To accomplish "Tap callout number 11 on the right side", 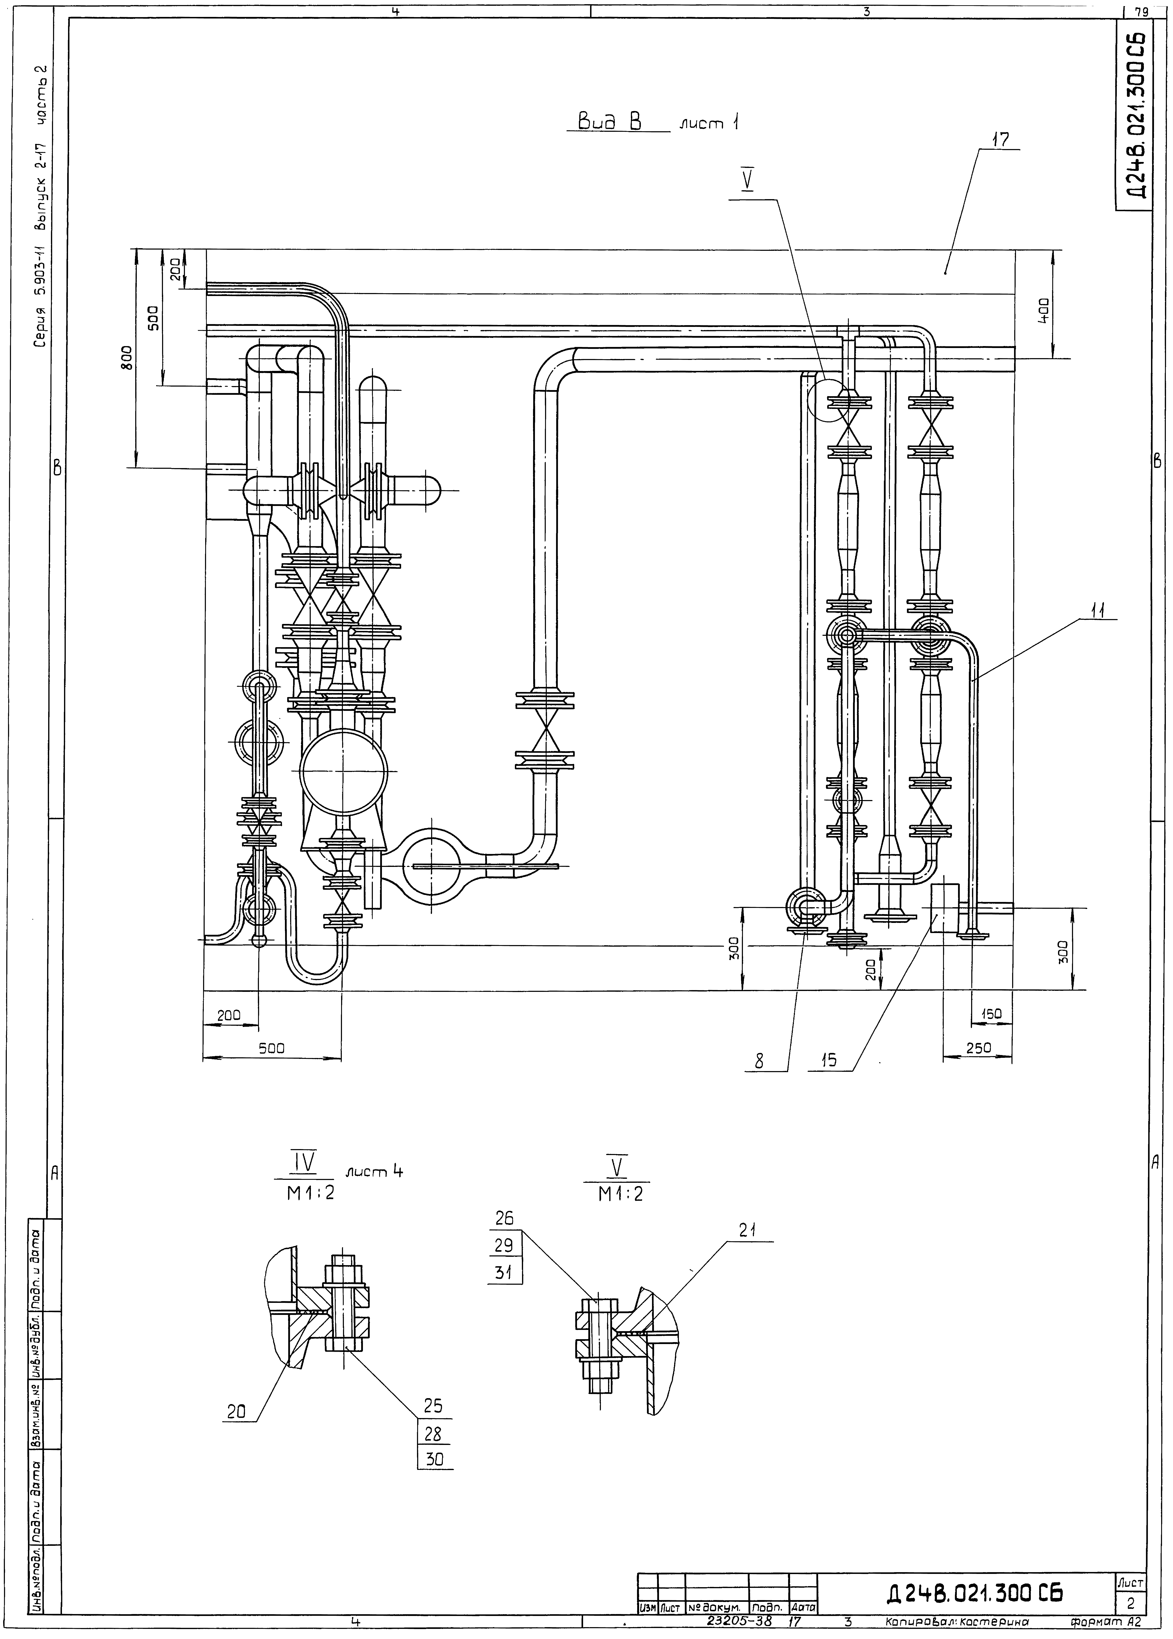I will point(1098,609).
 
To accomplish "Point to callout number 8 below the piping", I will point(759,1060).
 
